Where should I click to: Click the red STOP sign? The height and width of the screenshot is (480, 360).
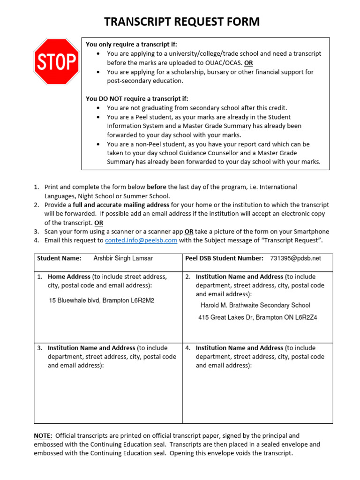pyautogui.click(x=56, y=62)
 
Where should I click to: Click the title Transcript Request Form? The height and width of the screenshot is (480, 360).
pyautogui.click(x=181, y=22)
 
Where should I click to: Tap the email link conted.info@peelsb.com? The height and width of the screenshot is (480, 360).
pyautogui.click(x=141, y=240)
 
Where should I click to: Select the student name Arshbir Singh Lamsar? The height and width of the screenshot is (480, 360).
pyautogui.click(x=123, y=258)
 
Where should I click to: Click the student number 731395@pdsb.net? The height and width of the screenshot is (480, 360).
pyautogui.click(x=295, y=258)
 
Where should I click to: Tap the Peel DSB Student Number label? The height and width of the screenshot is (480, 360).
pyautogui.click(x=225, y=258)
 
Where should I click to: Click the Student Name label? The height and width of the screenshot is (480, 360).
pyautogui.click(x=59, y=258)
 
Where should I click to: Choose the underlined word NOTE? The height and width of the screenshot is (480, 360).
pyautogui.click(x=43, y=435)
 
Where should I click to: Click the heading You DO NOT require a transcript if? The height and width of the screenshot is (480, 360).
pyautogui.click(x=137, y=98)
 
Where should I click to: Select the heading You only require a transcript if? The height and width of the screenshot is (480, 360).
pyautogui.click(x=132, y=45)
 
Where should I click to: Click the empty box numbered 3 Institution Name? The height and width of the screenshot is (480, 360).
pyautogui.click(x=108, y=394)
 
